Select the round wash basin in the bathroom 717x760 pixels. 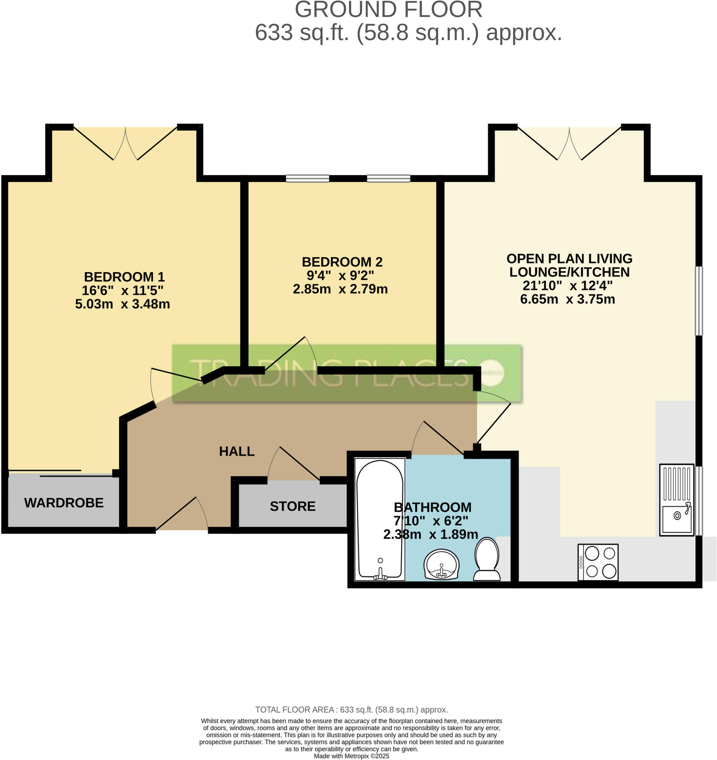pyautogui.click(x=441, y=564)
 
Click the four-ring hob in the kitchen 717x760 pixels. pyautogui.click(x=598, y=562)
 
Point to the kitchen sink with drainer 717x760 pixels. pyautogui.click(x=676, y=499)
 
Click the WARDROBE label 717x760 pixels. pyautogui.click(x=64, y=503)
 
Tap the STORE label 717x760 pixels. pyautogui.click(x=292, y=506)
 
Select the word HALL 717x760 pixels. pyautogui.click(x=237, y=452)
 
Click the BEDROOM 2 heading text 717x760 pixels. pyautogui.click(x=342, y=262)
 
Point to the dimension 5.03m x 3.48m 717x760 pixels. pyautogui.click(x=122, y=304)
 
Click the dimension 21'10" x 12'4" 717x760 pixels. pyautogui.click(x=567, y=285)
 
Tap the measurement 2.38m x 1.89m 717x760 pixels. pyautogui.click(x=430, y=534)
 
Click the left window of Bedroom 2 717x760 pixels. pyautogui.click(x=307, y=178)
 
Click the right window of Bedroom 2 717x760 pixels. pyautogui.click(x=389, y=178)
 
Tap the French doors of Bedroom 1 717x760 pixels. pyautogui.click(x=125, y=143)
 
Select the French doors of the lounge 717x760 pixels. pyautogui.click(x=569, y=143)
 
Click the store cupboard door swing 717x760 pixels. pyautogui.click(x=294, y=464)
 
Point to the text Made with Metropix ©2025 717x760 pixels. pyautogui.click(x=351, y=756)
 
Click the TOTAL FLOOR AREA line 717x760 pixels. pyautogui.click(x=351, y=710)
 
